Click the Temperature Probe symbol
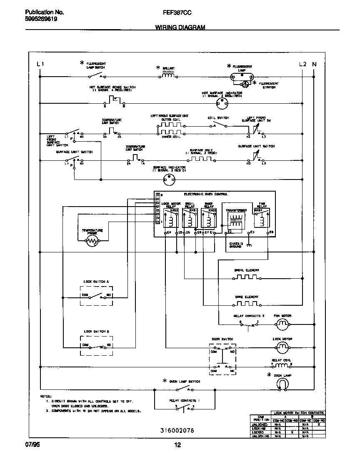(x=92, y=241)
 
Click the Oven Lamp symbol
(x=282, y=384)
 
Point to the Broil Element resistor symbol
(x=247, y=277)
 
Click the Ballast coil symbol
(x=168, y=75)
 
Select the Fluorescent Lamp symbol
(x=242, y=77)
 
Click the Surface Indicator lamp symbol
(x=169, y=180)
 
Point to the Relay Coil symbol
(x=282, y=365)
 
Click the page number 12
(x=177, y=446)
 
